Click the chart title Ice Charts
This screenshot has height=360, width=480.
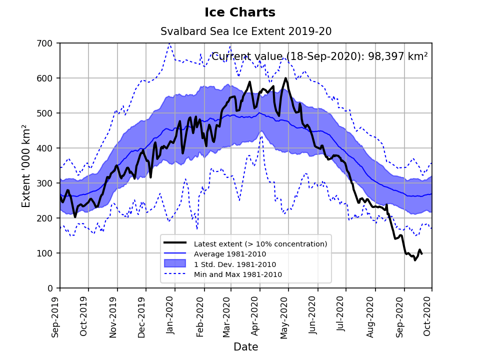tap(240, 12)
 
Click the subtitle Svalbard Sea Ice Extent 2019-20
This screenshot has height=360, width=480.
tap(246, 31)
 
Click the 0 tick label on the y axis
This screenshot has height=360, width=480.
tap(51, 288)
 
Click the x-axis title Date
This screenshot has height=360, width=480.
tap(245, 347)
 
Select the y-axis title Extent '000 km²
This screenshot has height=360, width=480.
tap(26, 166)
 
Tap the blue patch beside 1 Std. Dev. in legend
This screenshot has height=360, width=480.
tap(175, 264)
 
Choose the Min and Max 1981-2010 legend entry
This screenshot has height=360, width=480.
tap(237, 274)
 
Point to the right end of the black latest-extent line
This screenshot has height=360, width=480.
tap(422, 254)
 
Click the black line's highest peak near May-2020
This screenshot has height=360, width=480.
tap(285, 78)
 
